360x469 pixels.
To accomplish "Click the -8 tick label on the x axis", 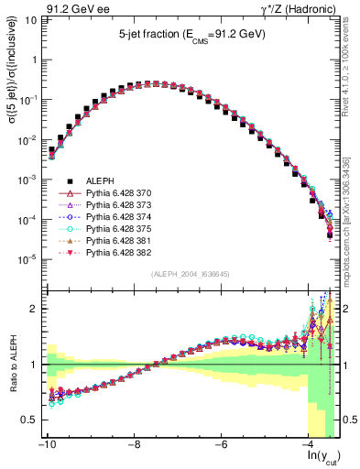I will (x=134, y=444).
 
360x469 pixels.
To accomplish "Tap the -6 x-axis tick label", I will (x=222, y=444).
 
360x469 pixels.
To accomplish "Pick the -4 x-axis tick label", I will (x=310, y=444).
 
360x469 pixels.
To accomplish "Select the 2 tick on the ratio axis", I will (x=32, y=309).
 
